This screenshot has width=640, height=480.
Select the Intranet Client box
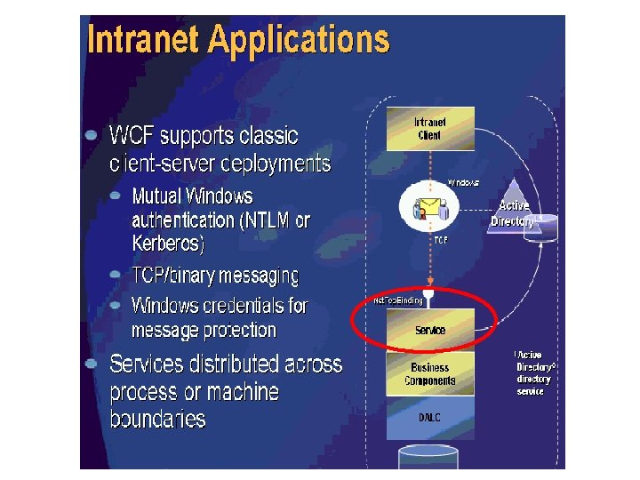[x=430, y=129]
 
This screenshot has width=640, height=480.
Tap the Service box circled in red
[x=430, y=330]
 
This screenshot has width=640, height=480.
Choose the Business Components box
[x=430, y=374]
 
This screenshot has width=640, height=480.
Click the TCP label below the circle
[x=440, y=240]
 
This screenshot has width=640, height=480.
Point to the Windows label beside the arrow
[x=463, y=182]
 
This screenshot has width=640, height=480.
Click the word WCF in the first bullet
[x=134, y=136]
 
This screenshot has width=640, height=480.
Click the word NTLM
[x=259, y=220]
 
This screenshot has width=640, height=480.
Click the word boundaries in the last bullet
[x=157, y=419]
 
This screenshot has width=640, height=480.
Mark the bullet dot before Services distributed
[x=92, y=364]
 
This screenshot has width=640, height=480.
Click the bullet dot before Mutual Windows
[x=116, y=195]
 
